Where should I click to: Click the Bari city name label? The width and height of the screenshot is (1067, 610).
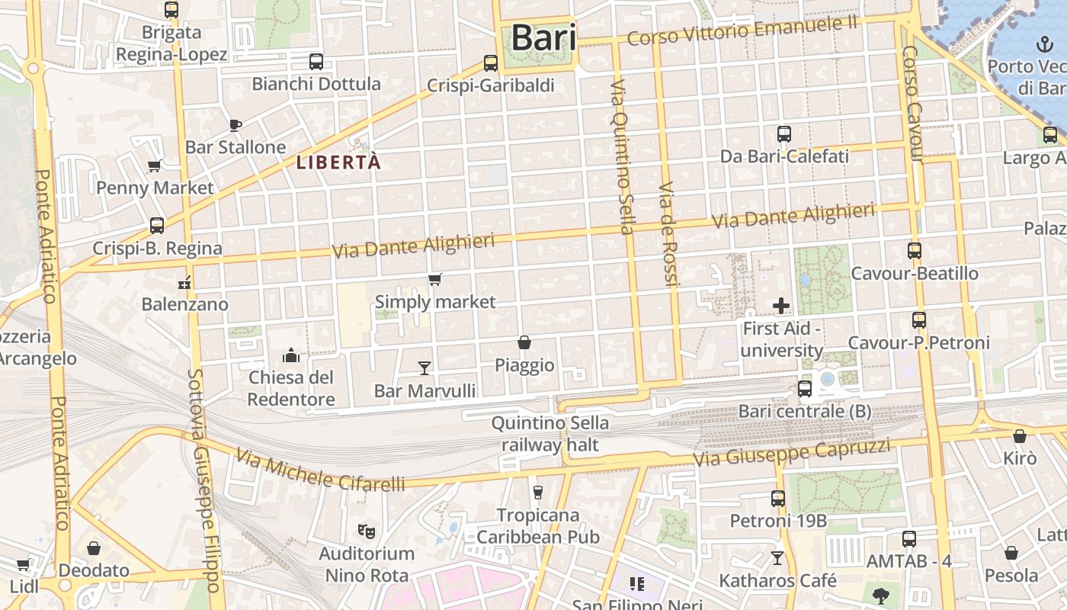(x=543, y=37)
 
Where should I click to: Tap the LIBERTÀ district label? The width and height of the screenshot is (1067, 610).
(x=338, y=162)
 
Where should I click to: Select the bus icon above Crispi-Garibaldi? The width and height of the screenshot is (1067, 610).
(x=491, y=63)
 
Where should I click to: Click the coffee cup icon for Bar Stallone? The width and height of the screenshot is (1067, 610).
(x=236, y=125)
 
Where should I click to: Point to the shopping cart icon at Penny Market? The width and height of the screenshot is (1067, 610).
(x=155, y=165)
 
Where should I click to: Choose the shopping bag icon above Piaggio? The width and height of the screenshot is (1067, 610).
(x=524, y=342)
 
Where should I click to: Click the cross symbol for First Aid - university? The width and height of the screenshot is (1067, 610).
(x=781, y=306)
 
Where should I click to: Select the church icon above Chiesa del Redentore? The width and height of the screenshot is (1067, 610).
(x=291, y=355)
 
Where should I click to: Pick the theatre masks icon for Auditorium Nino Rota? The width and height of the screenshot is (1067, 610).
(x=367, y=530)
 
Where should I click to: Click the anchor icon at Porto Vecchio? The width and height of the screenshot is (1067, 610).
(x=1043, y=44)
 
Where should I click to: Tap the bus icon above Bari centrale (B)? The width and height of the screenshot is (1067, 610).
(x=805, y=389)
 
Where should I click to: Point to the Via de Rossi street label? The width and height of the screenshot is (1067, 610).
(x=668, y=234)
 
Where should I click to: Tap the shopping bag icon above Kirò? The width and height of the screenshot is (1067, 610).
(x=1020, y=436)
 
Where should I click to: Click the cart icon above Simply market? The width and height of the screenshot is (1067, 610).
(x=434, y=280)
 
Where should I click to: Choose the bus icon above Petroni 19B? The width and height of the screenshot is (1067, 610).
(x=778, y=499)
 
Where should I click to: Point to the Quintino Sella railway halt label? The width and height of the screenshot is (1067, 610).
(x=550, y=434)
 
